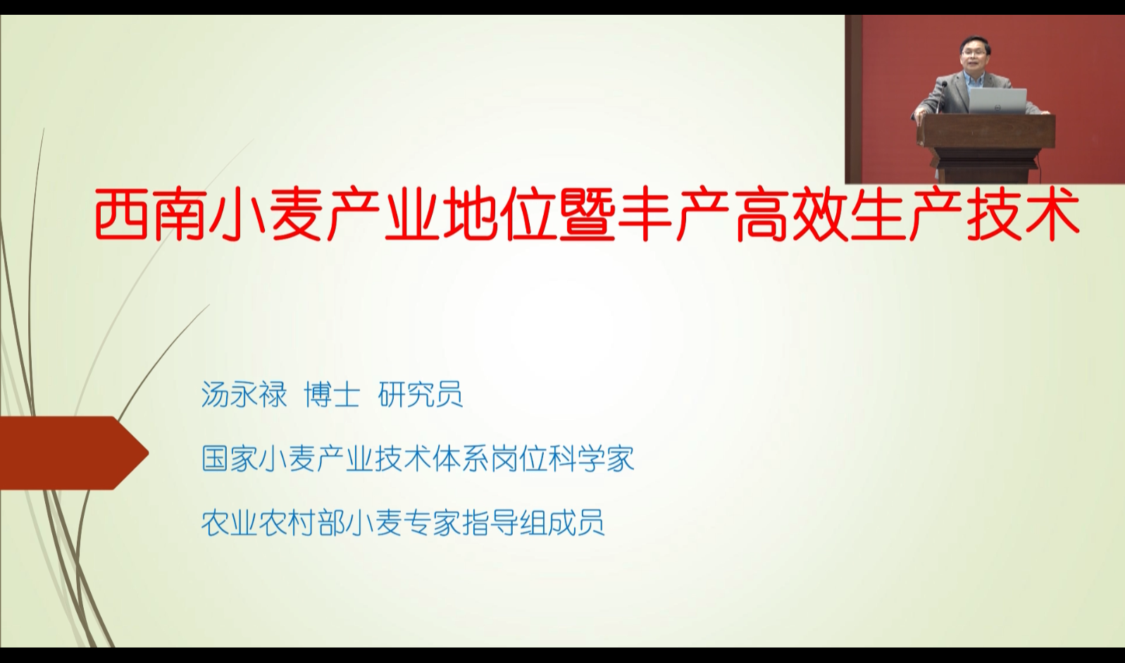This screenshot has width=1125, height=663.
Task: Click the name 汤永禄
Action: (x=244, y=395)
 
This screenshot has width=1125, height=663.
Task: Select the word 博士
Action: (x=332, y=395)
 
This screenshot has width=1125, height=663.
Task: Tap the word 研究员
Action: (x=420, y=395)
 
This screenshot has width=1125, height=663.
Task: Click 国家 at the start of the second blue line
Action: (x=230, y=459)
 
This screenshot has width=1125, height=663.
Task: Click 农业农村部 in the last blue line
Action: (x=273, y=523)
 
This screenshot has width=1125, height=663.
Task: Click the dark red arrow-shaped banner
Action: (x=75, y=452)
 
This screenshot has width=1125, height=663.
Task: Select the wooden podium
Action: (x=985, y=147)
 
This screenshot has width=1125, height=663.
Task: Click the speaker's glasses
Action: (x=973, y=51)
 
